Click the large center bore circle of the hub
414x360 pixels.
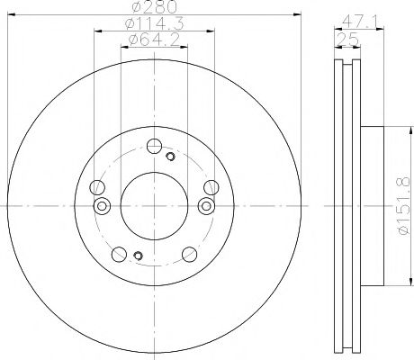153,206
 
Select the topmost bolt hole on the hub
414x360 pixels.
154,146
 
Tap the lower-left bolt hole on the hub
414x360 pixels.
119,254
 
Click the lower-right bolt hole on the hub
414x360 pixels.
189,254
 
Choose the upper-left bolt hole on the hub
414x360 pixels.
96,187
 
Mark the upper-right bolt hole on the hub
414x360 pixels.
211,187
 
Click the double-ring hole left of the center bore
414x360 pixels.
102,206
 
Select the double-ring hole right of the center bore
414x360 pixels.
205,206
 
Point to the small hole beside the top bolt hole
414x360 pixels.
169,157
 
